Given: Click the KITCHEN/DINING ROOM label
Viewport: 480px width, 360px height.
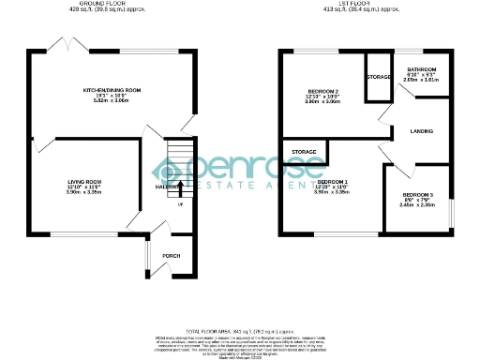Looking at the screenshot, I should (x=111, y=89).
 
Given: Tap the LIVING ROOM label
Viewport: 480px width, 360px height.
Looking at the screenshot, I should (x=83, y=181).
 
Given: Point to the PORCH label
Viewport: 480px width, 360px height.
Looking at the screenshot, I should (x=171, y=255).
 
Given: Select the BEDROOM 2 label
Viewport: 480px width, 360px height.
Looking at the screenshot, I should (x=322, y=92).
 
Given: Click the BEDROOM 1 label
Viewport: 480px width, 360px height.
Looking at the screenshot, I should (x=332, y=180).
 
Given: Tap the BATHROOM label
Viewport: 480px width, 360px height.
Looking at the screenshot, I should (x=421, y=69).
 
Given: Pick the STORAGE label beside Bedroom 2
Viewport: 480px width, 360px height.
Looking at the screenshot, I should (x=379, y=77).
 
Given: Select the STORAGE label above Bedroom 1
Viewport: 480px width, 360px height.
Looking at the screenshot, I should (x=303, y=150).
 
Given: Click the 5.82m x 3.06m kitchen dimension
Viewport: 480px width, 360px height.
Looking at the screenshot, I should (x=111, y=101).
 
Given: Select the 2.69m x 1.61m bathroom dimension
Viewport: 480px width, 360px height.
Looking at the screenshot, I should (x=421, y=81).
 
